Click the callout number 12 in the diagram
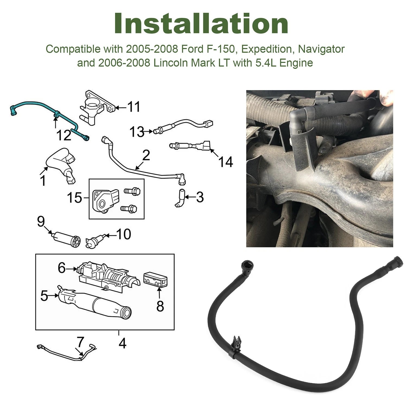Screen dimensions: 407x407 click(64, 135)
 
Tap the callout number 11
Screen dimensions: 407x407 click(134, 107)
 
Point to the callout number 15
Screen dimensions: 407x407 click(74, 198)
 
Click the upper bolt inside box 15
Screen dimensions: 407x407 click(132, 191)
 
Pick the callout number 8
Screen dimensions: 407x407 click(160, 306)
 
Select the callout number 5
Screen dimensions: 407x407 click(44, 295)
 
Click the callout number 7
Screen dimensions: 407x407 click(80, 342)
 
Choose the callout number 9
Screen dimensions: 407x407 click(41, 222)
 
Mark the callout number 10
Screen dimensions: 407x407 click(123, 234)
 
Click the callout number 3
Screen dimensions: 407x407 click(200, 197)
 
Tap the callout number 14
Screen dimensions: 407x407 click(225, 162)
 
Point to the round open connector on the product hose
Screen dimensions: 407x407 click(247, 264)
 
